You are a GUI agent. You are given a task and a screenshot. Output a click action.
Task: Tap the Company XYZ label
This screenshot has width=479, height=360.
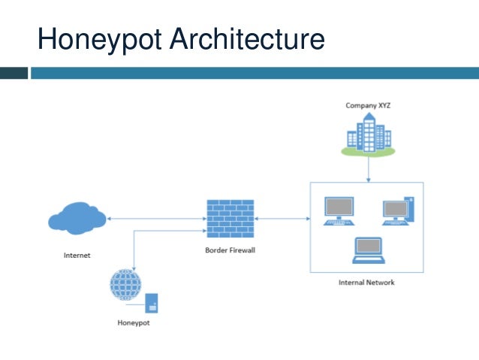[x=368, y=106]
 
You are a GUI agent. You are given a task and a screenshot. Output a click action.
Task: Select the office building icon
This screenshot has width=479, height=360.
[x=368, y=135]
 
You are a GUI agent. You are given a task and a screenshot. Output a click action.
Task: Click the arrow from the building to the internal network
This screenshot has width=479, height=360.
[x=368, y=169]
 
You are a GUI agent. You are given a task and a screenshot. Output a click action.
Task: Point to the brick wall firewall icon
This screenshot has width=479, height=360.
[x=230, y=219]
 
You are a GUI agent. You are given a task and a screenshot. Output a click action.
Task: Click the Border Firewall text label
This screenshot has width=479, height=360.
[x=230, y=250]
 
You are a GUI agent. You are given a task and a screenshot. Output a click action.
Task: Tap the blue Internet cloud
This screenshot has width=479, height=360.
[x=76, y=219]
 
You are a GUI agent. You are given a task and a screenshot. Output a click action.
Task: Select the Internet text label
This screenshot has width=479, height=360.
[x=77, y=256]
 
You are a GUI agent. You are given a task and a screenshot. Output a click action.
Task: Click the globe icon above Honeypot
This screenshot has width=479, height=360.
[x=125, y=286]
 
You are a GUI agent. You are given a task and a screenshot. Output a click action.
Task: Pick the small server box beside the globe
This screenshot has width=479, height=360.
[x=152, y=302]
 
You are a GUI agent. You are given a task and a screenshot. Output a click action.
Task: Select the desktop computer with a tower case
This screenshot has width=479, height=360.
[x=397, y=211]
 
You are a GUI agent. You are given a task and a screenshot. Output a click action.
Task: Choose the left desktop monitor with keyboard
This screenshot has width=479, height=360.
[x=339, y=211]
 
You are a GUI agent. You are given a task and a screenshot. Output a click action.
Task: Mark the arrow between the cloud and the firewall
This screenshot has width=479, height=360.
[x=155, y=219]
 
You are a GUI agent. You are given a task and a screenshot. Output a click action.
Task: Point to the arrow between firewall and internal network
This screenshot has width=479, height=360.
[x=282, y=219]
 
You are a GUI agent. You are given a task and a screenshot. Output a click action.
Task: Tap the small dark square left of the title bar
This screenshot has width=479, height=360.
[x=14, y=73]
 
